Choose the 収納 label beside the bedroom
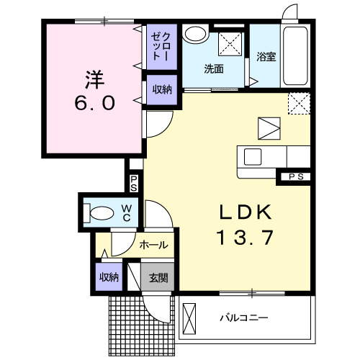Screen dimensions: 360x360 (x=161, y=89)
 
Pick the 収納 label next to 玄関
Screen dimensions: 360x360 (x=109, y=277)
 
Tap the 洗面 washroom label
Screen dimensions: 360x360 (x=213, y=70)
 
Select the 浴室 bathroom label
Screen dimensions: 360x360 (x=266, y=58)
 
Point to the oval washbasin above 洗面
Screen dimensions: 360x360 (x=195, y=34)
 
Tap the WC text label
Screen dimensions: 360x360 (x=125, y=212)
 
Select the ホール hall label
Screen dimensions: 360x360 (x=153, y=245)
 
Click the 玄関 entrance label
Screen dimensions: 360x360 (x=158, y=277)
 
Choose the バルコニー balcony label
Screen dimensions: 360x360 (x=244, y=317)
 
